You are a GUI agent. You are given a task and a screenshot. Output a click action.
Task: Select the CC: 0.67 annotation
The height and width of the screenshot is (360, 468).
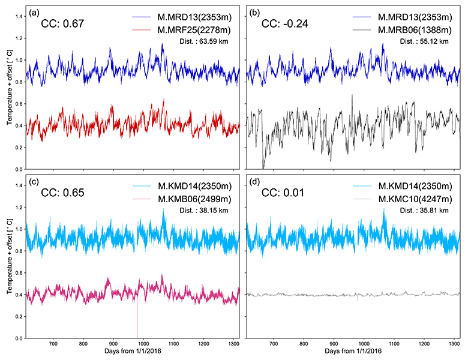[x=62, y=25]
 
